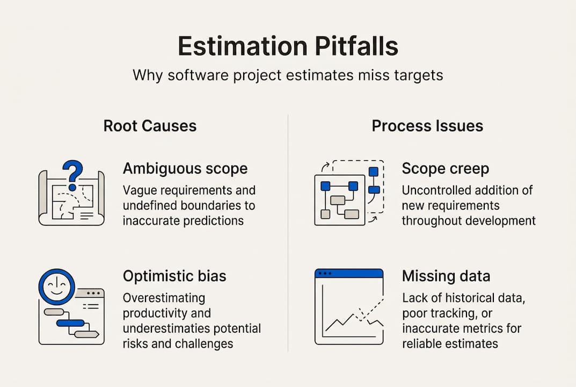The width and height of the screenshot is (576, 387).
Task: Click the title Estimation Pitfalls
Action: (288, 46)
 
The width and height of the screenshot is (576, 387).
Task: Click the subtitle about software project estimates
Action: (288, 75)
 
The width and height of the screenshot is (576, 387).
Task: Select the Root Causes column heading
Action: (150, 126)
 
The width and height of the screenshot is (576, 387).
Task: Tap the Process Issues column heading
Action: (427, 126)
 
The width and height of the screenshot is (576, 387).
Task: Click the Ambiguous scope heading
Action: (185, 168)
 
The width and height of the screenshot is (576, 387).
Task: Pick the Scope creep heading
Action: (445, 168)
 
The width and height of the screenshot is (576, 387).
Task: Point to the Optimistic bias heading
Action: (174, 276)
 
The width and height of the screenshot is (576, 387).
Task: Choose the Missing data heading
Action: (446, 276)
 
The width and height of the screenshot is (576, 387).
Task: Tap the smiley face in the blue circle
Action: (57, 286)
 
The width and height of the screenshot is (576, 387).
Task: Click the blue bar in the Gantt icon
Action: (70, 322)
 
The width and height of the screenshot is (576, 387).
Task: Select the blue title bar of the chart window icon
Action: (349, 274)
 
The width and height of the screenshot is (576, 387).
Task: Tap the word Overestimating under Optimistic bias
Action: (164, 298)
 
